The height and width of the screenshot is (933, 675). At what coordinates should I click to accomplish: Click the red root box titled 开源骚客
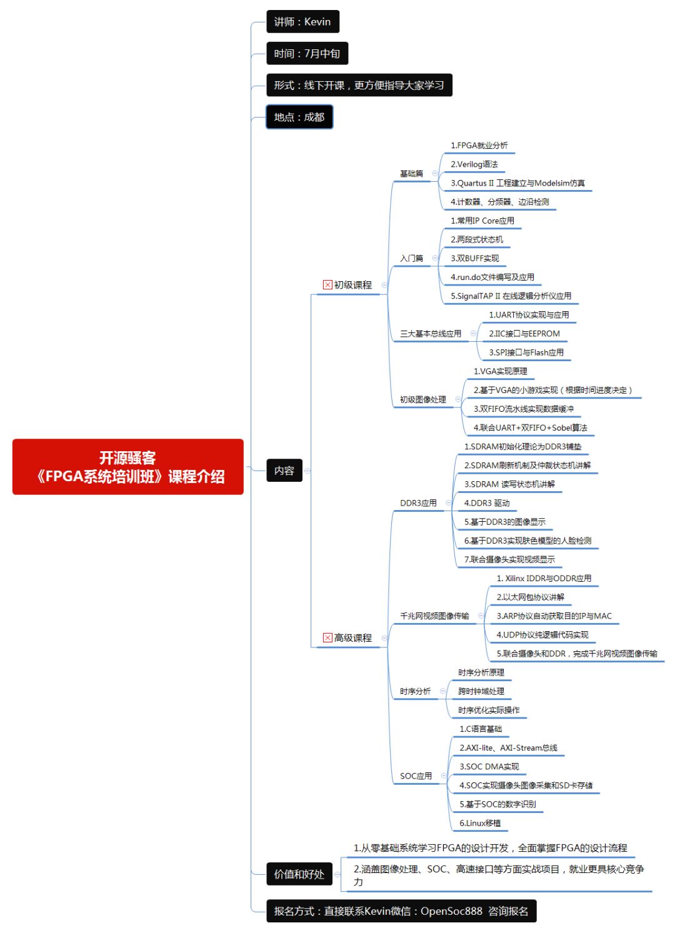pyautogui.click(x=127, y=467)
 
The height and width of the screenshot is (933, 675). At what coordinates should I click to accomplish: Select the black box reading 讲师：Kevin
pyautogui.click(x=302, y=22)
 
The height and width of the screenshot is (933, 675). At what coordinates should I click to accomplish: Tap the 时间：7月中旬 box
pyautogui.click(x=307, y=54)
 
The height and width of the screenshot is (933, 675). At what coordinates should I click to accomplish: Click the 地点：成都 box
pyautogui.click(x=299, y=117)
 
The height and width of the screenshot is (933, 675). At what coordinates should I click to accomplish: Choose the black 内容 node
pyautogui.click(x=284, y=471)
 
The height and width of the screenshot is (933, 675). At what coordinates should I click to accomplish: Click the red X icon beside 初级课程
pyautogui.click(x=327, y=285)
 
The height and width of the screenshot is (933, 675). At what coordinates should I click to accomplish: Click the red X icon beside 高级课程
pyautogui.click(x=327, y=638)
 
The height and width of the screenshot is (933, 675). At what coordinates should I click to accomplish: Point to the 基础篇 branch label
pyautogui.click(x=411, y=174)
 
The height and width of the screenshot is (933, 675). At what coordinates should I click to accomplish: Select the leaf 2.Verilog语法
pyautogui.click(x=474, y=164)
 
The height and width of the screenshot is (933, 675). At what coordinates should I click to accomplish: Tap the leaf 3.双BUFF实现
pyautogui.click(x=475, y=258)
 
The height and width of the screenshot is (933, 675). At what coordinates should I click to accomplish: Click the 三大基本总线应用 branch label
pyautogui.click(x=431, y=334)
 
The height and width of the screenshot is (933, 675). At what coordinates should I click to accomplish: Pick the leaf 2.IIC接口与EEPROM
pyautogui.click(x=524, y=334)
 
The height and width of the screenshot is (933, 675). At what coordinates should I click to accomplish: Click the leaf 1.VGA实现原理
pyautogui.click(x=500, y=371)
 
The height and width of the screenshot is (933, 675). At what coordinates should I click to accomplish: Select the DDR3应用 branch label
pyautogui.click(x=418, y=503)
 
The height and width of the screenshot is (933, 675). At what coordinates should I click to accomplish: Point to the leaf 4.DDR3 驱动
pyautogui.click(x=487, y=503)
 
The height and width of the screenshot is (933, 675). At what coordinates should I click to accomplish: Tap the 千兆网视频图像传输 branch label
pyautogui.click(x=434, y=616)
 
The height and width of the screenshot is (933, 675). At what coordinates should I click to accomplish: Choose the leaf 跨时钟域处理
pyautogui.click(x=481, y=691)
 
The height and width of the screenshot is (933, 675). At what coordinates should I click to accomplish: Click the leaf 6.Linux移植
pyautogui.click(x=480, y=823)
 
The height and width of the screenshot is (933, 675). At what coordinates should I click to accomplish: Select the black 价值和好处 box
pyautogui.click(x=299, y=874)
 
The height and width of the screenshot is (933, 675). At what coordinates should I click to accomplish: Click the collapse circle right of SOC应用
pyautogui.click(x=443, y=776)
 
